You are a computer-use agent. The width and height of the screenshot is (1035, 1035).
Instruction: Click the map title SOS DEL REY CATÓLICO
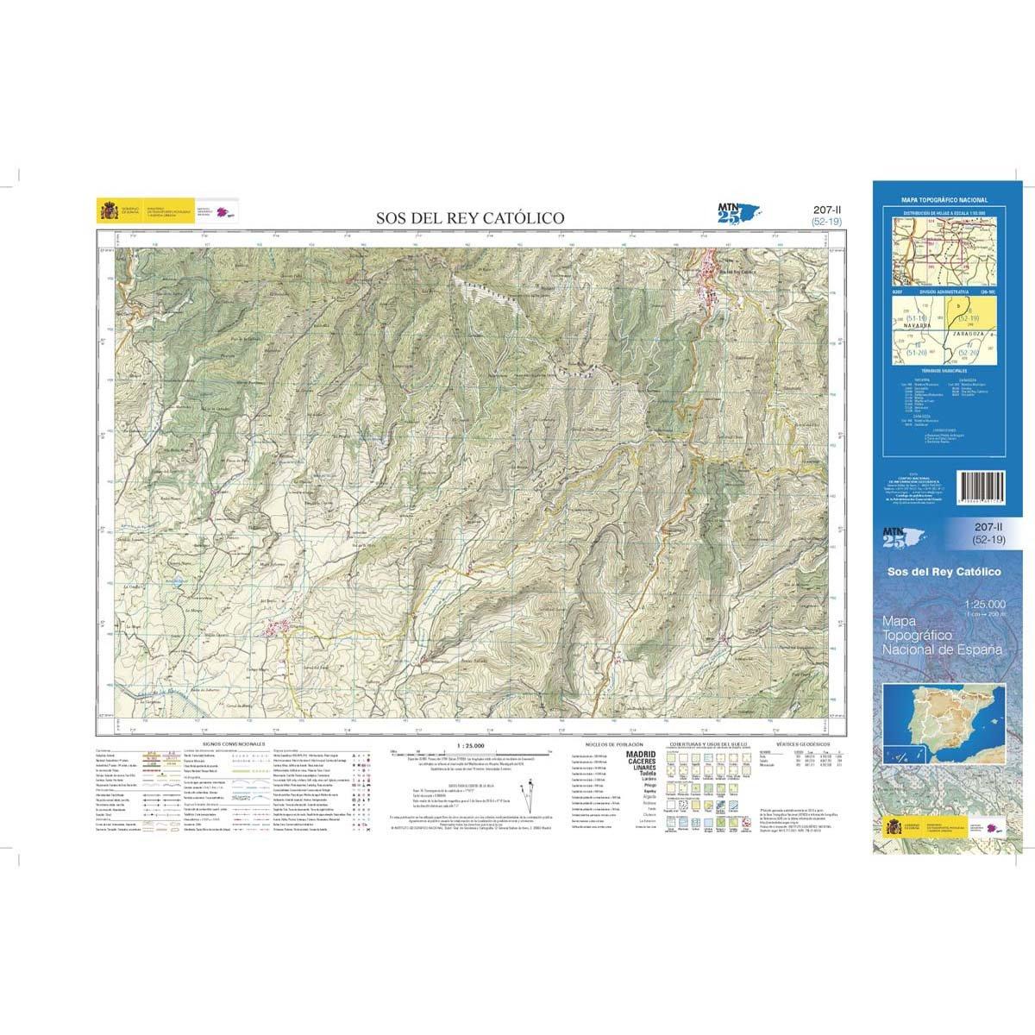(x=470, y=218)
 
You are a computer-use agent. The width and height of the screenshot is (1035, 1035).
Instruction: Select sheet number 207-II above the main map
(x=826, y=210)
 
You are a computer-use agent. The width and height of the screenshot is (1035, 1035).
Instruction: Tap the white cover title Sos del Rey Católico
(x=944, y=572)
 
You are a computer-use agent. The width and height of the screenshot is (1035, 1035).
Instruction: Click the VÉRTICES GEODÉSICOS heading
(x=802, y=743)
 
